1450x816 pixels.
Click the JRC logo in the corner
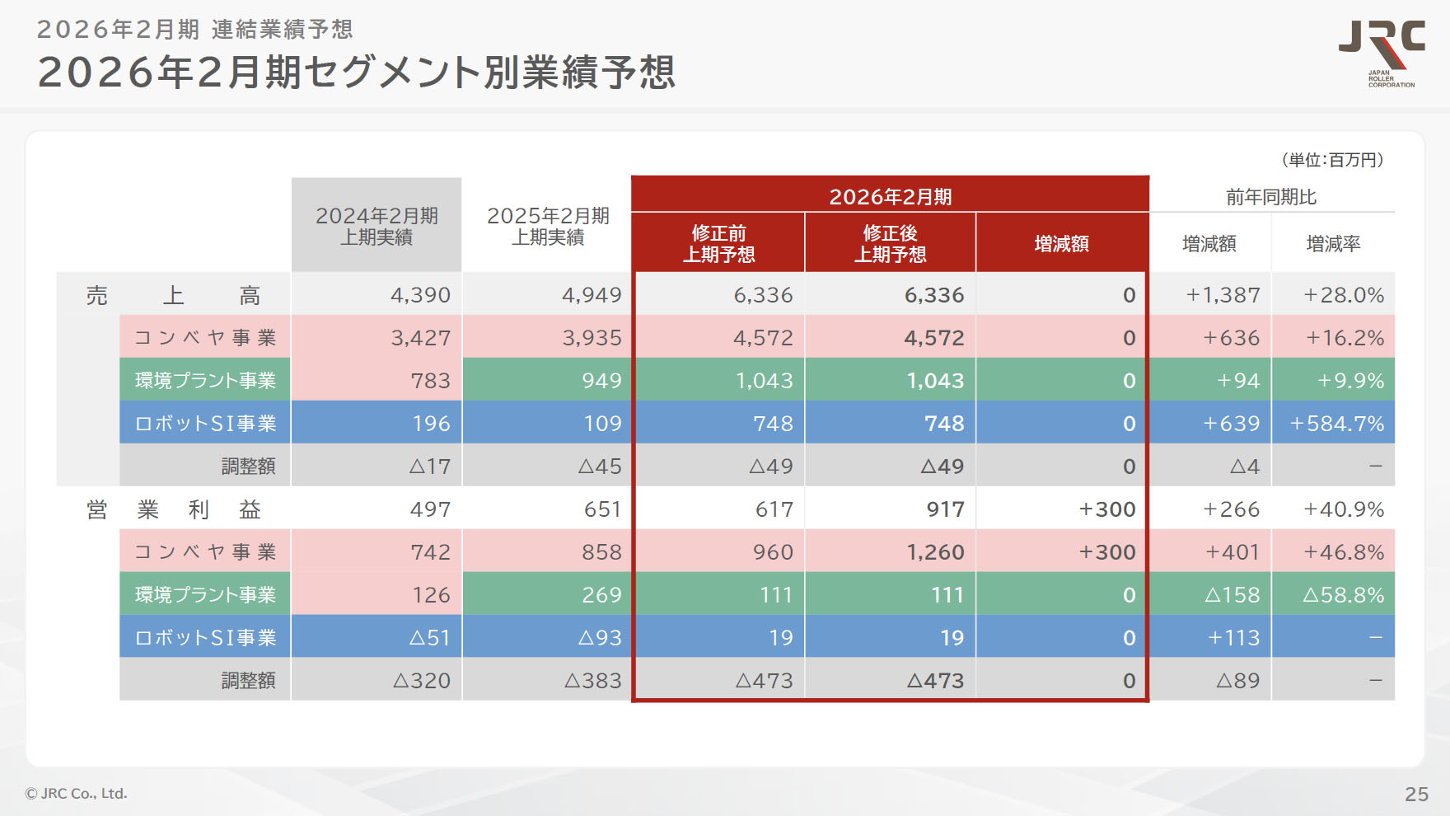tap(1382, 51)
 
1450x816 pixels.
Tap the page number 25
tap(1416, 794)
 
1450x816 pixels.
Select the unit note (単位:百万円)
tap(1332, 160)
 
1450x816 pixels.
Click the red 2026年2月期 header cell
tap(890, 196)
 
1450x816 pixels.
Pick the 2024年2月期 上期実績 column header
tap(377, 226)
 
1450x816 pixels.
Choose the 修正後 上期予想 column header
tap(890, 243)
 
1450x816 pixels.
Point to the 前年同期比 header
tap(1270, 197)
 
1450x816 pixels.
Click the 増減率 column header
tap(1333, 244)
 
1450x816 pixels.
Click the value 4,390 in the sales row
tap(420, 295)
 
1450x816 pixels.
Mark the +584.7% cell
tap(1336, 424)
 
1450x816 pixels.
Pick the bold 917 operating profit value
tap(945, 509)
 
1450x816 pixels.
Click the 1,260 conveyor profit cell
tap(935, 552)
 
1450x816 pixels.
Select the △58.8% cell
tap(1343, 595)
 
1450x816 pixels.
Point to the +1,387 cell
tap(1223, 295)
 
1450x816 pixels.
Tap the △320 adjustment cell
tap(422, 681)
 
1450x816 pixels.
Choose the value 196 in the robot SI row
tap(431, 424)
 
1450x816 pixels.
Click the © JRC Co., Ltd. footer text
tap(76, 794)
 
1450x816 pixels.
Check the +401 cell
tap(1232, 552)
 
